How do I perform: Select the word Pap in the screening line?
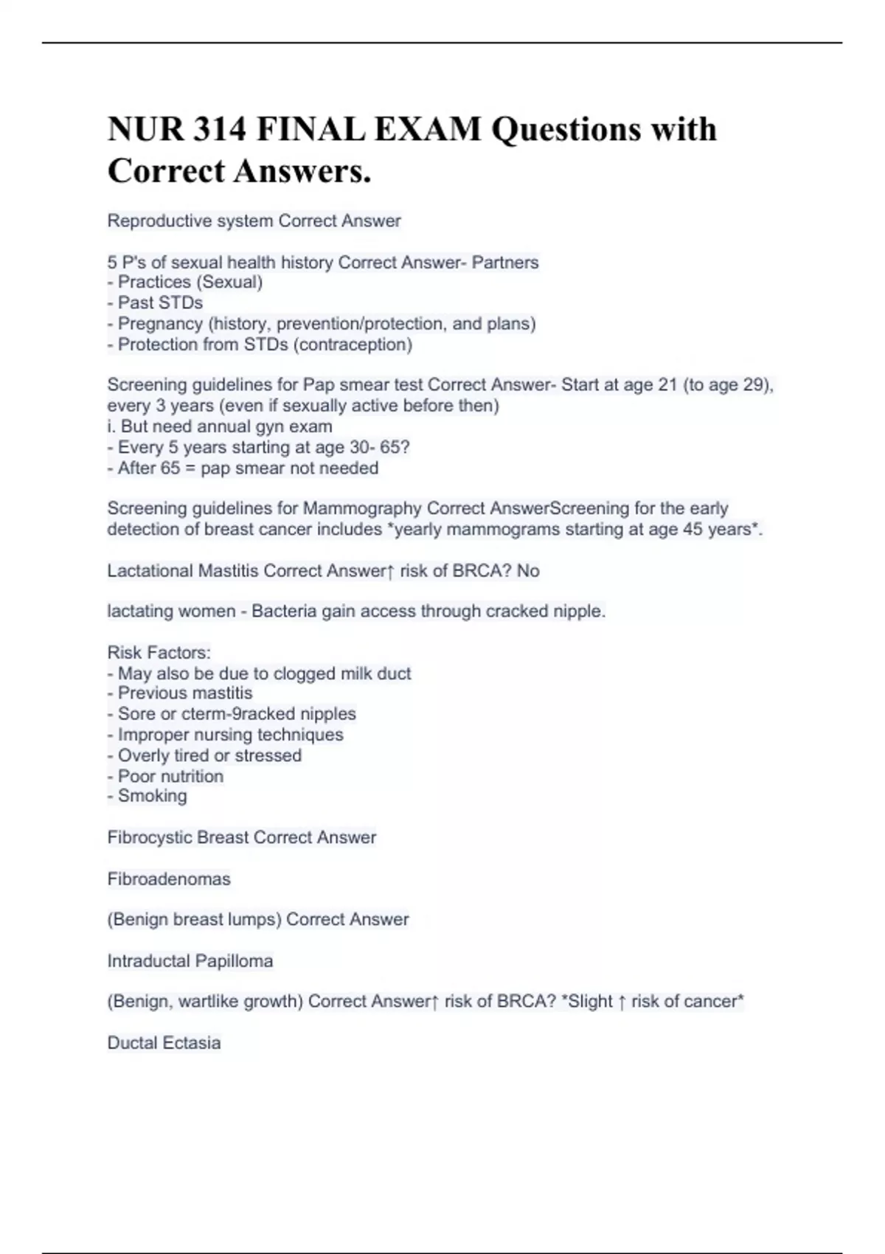tap(318, 384)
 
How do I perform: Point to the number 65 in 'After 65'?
tap(170, 468)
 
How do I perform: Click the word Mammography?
tap(362, 508)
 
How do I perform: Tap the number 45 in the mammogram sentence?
tap(693, 529)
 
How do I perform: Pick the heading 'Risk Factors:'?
tap(159, 652)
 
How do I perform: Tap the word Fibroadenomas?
tap(169, 879)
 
